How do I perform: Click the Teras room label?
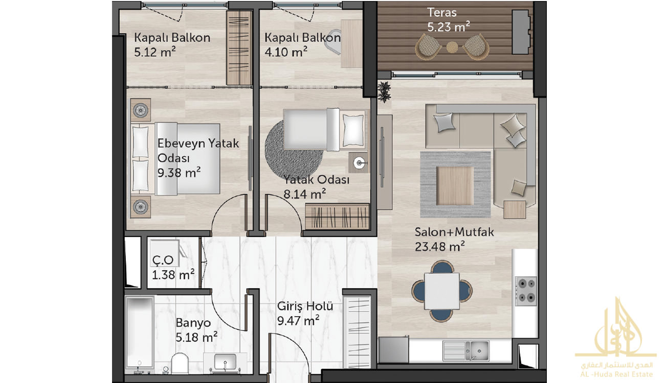tap(442, 12)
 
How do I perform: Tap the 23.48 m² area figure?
tap(440, 247)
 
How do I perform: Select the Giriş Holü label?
tap(305, 306)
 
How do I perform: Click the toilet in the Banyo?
tap(180, 363)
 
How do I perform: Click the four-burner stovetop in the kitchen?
tap(526, 291)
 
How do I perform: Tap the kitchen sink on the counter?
tap(466, 351)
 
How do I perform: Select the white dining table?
tap(442, 291)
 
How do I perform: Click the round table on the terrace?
tap(452, 47)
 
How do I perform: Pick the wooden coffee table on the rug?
tap(455, 185)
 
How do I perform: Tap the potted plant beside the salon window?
tap(384, 91)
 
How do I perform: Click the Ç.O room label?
tap(163, 260)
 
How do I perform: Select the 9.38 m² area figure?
tap(179, 172)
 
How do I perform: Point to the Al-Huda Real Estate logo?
tap(616, 338)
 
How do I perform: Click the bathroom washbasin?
tap(225, 362)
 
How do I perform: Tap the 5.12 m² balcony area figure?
tap(154, 52)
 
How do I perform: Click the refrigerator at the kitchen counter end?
tap(393, 349)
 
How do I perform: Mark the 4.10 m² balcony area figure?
tap(285, 52)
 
